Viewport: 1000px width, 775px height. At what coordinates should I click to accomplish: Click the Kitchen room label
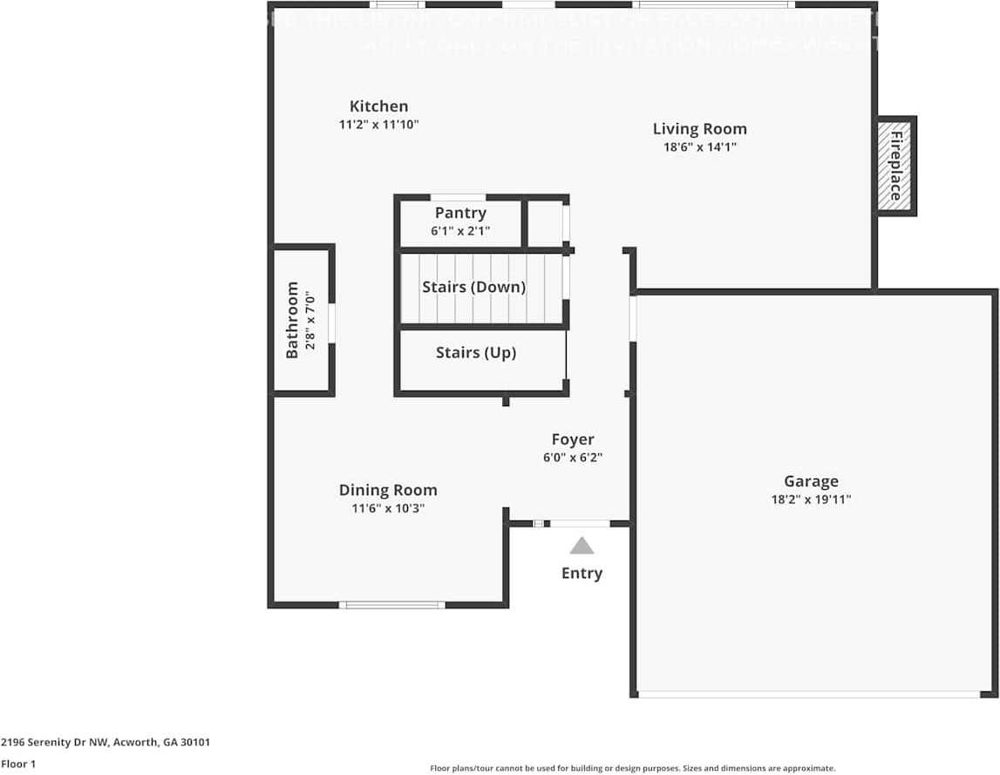pos(378,106)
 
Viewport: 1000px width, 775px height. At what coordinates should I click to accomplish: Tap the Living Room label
pos(699,129)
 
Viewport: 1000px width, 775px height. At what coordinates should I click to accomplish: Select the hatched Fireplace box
pos(895,166)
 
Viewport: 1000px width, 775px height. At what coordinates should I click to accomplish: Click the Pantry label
pos(460,213)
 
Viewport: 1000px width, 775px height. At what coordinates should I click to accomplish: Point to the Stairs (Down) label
pos(473,287)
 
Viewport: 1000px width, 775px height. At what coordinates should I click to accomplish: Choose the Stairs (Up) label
pos(475,353)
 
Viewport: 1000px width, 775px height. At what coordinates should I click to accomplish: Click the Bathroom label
pos(292,320)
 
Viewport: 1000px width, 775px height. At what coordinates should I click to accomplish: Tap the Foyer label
pos(573,439)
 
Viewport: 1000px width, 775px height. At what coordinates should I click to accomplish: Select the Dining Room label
pos(388,490)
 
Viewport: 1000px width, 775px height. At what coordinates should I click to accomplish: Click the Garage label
pos(811,481)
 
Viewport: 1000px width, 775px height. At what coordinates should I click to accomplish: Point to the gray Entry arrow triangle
pos(582,547)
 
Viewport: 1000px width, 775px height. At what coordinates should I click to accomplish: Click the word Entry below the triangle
pos(582,573)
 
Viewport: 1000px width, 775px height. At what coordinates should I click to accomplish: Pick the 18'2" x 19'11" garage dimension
pos(811,500)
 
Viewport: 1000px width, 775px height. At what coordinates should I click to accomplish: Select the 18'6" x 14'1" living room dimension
pos(699,147)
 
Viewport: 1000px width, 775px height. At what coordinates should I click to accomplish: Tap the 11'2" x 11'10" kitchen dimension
pos(378,125)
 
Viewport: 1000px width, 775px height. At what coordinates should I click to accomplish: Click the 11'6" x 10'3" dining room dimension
pos(388,508)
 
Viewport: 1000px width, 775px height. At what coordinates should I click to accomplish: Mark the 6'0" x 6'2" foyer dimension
pos(573,457)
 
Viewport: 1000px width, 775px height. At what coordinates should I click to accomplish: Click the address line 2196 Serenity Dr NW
pos(105,743)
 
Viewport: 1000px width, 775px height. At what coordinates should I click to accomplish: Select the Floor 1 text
pos(18,764)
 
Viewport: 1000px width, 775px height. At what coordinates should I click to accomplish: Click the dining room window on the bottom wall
pos(391,604)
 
